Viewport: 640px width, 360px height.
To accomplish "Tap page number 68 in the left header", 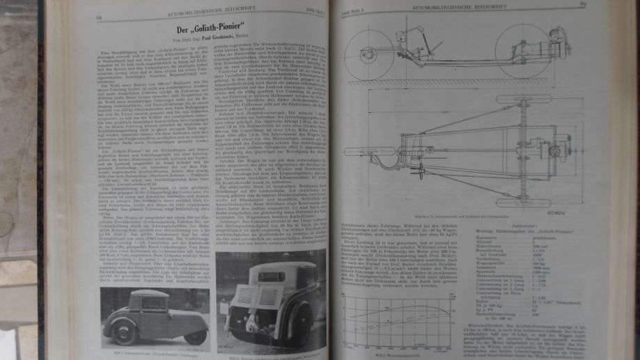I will [100, 16].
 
